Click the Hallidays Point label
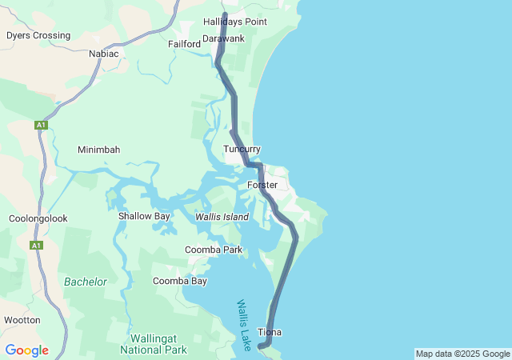[x=234, y=22]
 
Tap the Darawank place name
[x=223, y=38]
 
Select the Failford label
[x=184, y=44]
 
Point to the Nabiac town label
[x=104, y=54]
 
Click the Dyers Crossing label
[x=38, y=35]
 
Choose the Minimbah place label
[x=98, y=150]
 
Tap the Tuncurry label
[x=242, y=150]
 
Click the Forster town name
[x=262, y=185]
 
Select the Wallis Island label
[x=222, y=217]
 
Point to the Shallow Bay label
[x=144, y=216]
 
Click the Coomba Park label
[x=213, y=250]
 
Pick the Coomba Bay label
[x=179, y=281]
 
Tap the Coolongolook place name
[x=38, y=218]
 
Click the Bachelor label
[x=86, y=282]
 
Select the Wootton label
[x=22, y=320]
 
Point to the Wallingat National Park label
[x=154, y=344]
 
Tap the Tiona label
[x=270, y=332]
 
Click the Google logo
[x=27, y=350]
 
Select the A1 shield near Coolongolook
[x=36, y=246]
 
